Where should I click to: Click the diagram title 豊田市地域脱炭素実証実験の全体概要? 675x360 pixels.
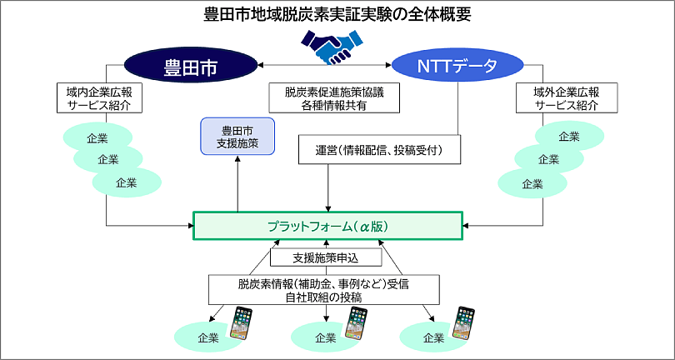pyautogui.click(x=337, y=14)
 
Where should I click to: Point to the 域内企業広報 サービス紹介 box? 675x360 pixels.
pyautogui.click(x=98, y=98)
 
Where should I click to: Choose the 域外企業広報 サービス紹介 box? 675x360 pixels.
pyautogui.click(x=567, y=98)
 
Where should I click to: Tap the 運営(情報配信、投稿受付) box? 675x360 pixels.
pyautogui.click(x=378, y=150)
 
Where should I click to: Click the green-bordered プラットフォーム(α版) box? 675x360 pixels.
pyautogui.click(x=327, y=226)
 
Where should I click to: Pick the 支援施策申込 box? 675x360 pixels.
pyautogui.click(x=326, y=257)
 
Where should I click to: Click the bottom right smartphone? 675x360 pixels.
pyautogui.click(x=463, y=324)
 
